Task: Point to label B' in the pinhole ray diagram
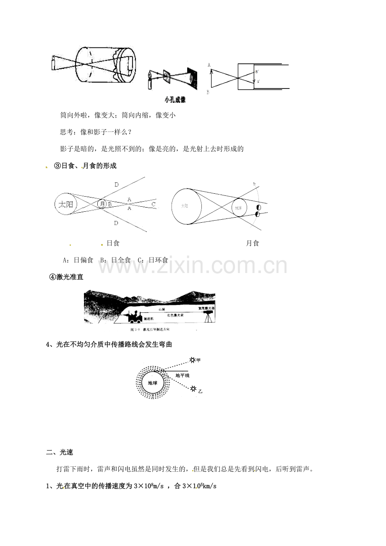257,72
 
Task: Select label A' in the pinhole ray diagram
258,81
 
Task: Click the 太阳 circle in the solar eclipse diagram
65,204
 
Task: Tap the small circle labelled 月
102,204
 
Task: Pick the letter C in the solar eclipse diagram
154,204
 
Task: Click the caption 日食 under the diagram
113,243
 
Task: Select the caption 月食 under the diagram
252,243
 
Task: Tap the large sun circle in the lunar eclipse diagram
186,206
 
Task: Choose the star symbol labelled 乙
193,389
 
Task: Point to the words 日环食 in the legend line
158,260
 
